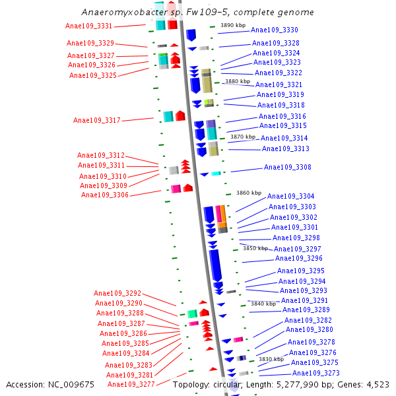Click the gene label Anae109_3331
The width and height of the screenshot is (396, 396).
click(x=89, y=26)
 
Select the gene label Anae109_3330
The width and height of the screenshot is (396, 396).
click(x=275, y=30)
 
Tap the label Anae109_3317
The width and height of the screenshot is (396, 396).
click(x=97, y=120)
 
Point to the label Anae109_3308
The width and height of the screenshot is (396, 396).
click(x=288, y=168)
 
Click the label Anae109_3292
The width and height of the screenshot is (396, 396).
click(x=117, y=293)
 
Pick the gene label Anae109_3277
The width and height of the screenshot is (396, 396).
click(x=131, y=384)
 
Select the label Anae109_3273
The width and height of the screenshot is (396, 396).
click(x=316, y=373)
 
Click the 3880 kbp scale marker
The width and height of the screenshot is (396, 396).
click(x=238, y=82)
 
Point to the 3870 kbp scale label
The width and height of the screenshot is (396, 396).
click(x=243, y=137)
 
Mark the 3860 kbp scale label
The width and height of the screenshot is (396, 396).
click(x=249, y=193)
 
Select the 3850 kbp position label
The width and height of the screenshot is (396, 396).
click(x=255, y=248)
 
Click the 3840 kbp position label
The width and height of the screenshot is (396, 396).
click(x=263, y=304)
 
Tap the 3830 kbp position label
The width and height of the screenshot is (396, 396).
click(x=271, y=359)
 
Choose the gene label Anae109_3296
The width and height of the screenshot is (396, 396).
click(x=298, y=259)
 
